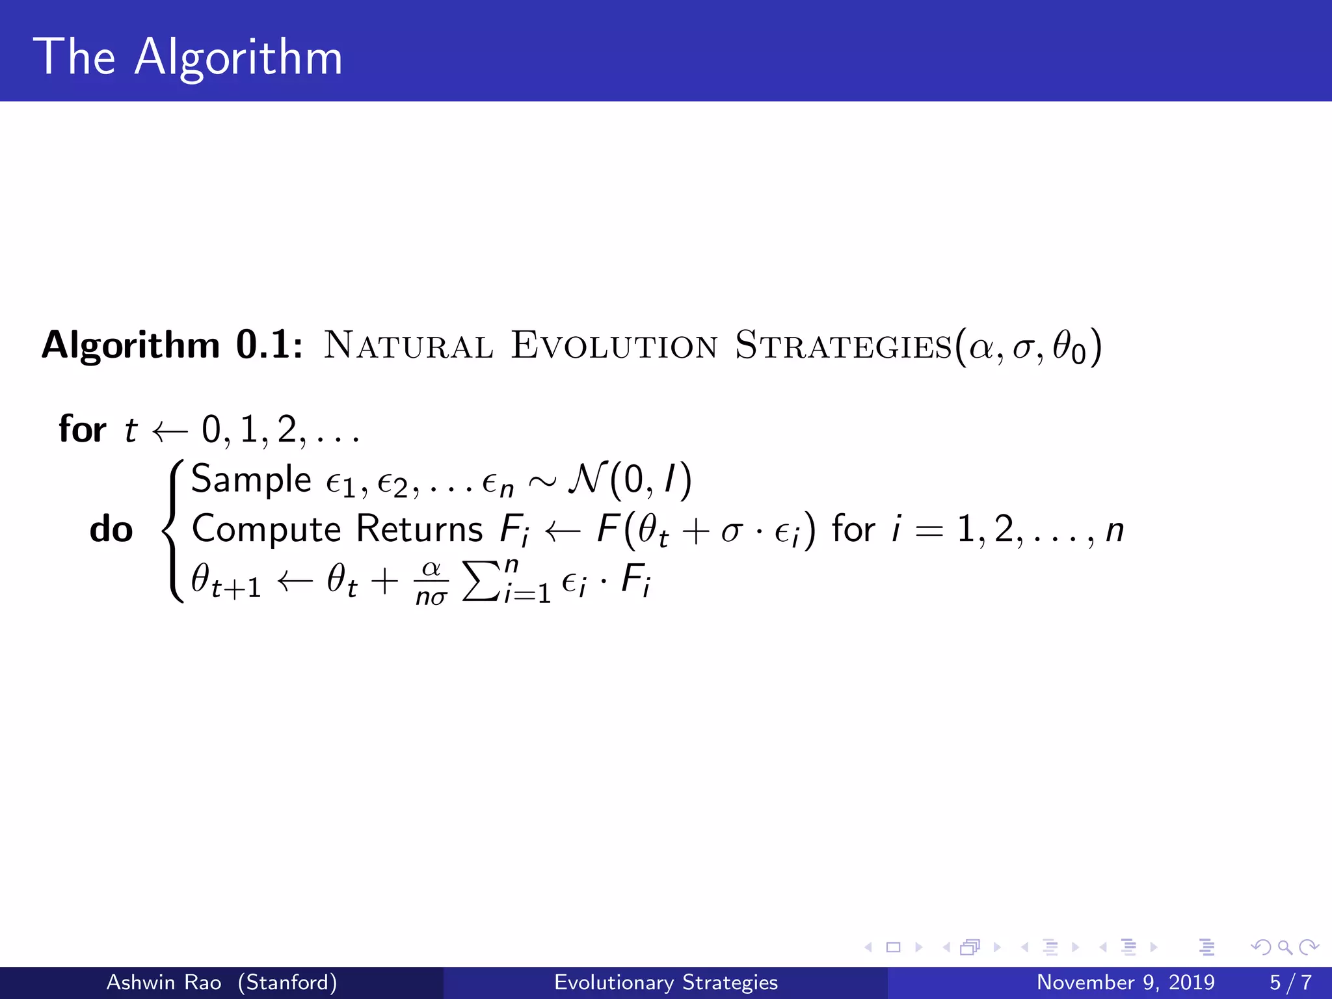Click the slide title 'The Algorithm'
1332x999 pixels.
[x=188, y=57]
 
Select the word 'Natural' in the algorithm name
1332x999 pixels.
[x=408, y=346]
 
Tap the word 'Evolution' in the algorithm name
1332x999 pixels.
[x=615, y=346]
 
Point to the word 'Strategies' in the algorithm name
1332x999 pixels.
[x=844, y=346]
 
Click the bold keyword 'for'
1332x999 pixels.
[x=83, y=429]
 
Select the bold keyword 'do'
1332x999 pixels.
[x=111, y=529]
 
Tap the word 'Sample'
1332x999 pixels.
[x=251, y=480]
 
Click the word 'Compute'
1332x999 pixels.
[x=267, y=529]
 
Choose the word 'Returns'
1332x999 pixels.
[x=420, y=529]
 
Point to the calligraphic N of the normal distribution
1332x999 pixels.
[x=587, y=480]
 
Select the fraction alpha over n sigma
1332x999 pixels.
[x=431, y=582]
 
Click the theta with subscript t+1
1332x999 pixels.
[x=226, y=581]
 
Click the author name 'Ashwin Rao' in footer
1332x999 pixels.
[x=163, y=982]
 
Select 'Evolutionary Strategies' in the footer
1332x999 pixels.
[x=665, y=982]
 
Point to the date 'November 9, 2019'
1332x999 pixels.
[x=1125, y=982]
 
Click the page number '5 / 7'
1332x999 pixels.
[x=1290, y=982]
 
